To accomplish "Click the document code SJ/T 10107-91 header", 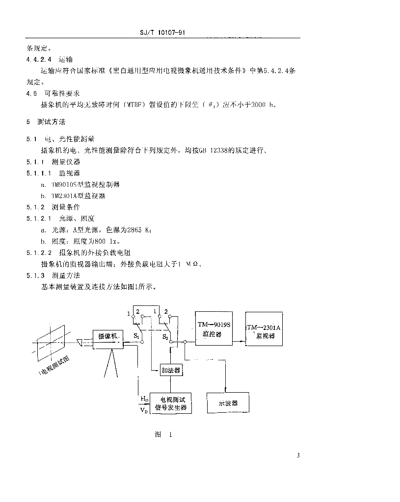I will coord(161,33).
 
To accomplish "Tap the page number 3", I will coord(298,455).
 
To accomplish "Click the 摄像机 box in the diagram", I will coord(109,339).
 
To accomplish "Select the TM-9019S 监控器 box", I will coord(214,328).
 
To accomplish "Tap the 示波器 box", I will coord(228,402).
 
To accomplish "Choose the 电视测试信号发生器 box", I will coord(170,403).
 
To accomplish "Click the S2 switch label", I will coord(165,337).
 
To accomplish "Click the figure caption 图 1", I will coord(162,434).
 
